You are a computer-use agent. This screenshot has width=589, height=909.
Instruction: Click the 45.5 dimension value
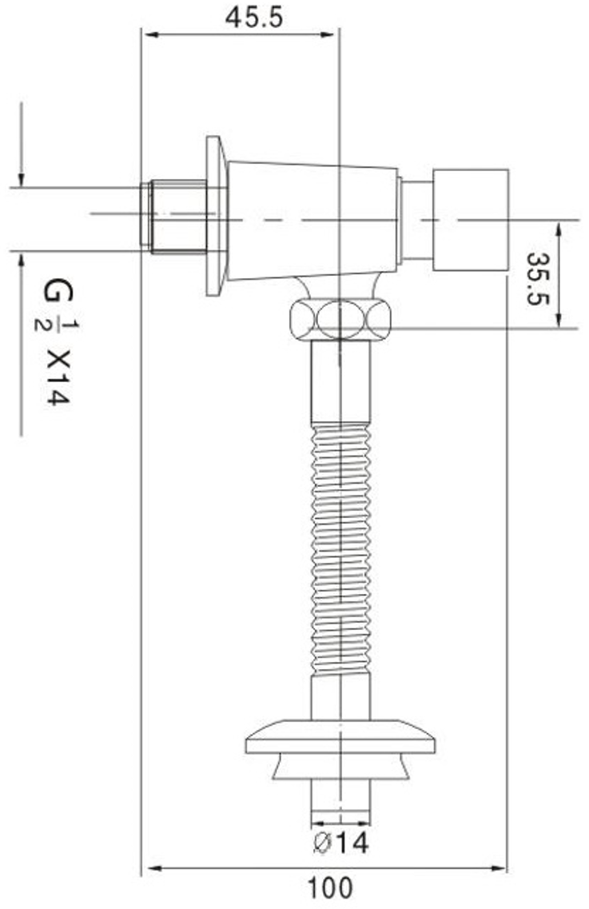(x=254, y=18)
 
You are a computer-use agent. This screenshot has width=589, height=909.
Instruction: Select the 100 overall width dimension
(x=328, y=887)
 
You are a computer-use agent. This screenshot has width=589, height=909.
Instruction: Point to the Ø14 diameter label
(x=340, y=843)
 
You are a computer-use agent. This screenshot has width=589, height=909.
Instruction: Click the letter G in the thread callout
(x=58, y=290)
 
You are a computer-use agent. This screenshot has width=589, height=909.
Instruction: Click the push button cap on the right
(x=471, y=219)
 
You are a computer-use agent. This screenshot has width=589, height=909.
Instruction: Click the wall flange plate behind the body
(x=217, y=217)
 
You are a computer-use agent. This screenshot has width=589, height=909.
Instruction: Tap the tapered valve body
(x=312, y=221)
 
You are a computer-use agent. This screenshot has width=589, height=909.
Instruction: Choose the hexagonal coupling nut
(x=340, y=318)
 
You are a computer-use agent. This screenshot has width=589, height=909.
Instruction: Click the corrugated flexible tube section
(x=341, y=548)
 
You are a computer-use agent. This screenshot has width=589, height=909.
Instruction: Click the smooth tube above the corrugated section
(x=341, y=381)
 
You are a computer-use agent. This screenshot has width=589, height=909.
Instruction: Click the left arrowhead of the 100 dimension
(x=152, y=868)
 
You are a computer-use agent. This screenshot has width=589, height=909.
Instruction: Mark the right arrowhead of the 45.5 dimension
(x=328, y=35)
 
